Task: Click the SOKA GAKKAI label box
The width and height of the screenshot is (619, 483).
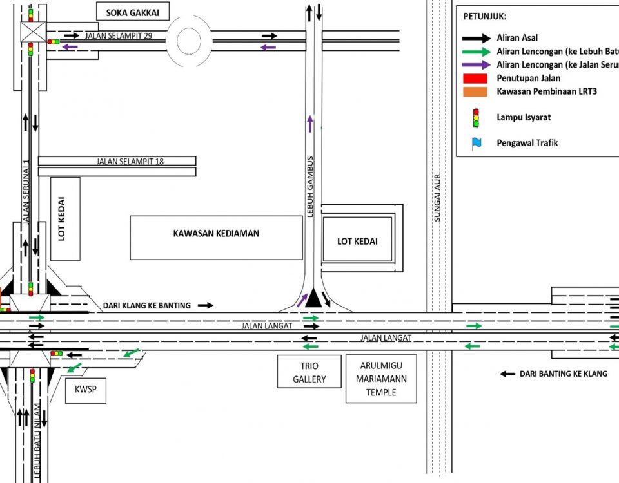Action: click(132, 11)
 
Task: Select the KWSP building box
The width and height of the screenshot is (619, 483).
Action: click(86, 390)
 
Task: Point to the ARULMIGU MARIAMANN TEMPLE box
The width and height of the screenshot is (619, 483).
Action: click(381, 379)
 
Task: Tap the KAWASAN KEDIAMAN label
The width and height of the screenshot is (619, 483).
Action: click(216, 233)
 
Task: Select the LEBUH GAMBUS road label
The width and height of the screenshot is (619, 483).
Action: click(310, 186)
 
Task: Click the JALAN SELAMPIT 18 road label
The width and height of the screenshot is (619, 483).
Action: click(130, 161)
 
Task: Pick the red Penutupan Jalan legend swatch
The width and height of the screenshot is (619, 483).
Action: click(476, 78)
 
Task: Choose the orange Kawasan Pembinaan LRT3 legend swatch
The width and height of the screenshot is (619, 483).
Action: click(476, 91)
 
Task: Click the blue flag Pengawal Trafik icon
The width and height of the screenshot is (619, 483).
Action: click(477, 143)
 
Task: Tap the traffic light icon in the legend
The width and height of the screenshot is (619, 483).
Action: click(476, 117)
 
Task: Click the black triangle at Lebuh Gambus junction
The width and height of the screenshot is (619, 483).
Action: click(313, 298)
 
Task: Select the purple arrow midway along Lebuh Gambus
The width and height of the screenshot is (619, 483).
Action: click(309, 124)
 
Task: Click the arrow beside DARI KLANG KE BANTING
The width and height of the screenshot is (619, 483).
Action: click(205, 305)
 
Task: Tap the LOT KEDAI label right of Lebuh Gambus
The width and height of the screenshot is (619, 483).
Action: click(357, 241)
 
